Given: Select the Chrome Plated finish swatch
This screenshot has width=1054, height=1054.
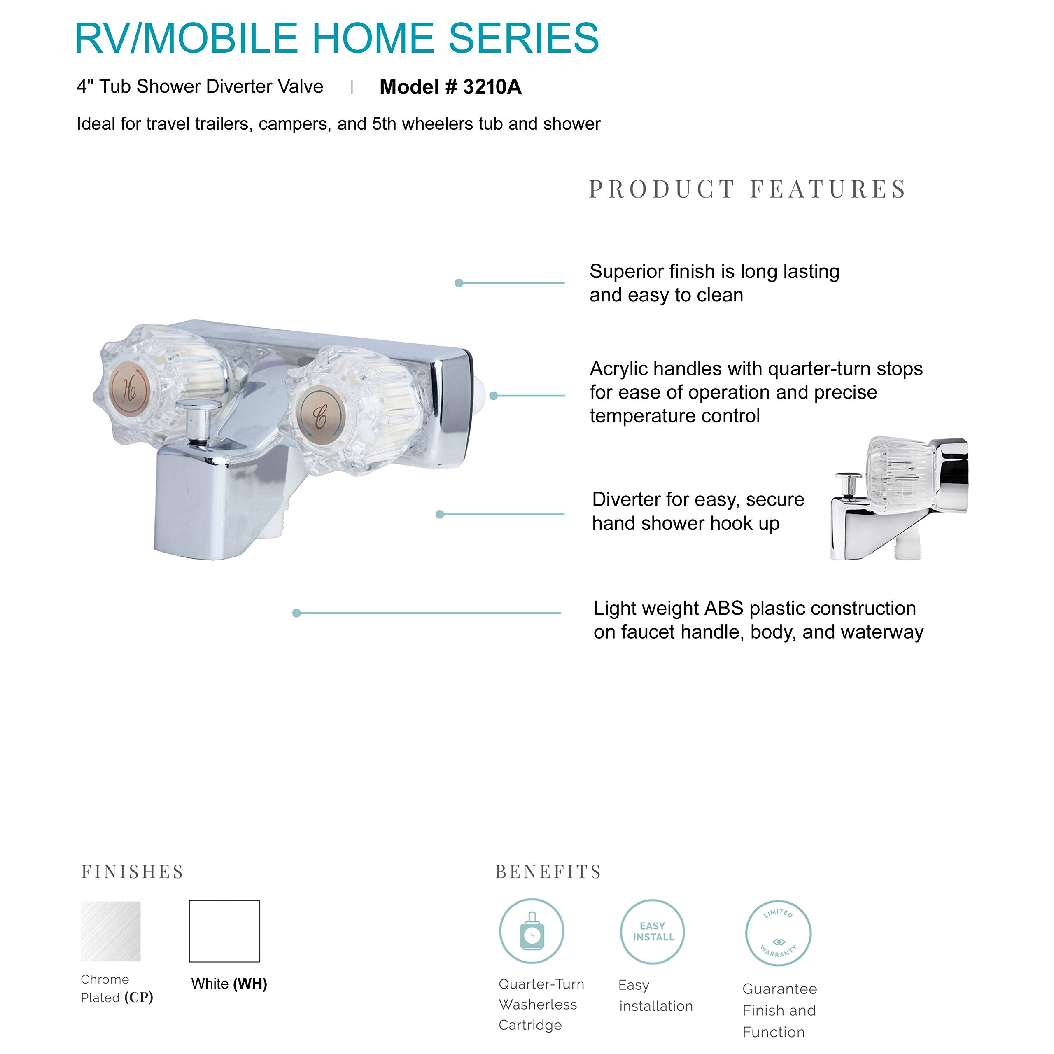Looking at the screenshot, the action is click(x=111, y=931).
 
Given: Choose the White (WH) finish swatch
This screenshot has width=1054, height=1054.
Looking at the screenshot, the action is click(x=224, y=931).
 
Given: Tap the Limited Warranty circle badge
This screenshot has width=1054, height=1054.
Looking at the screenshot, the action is click(x=779, y=933).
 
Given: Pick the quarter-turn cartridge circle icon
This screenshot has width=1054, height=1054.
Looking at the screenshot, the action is click(x=532, y=931).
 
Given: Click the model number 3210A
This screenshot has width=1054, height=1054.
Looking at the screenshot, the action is click(x=492, y=87).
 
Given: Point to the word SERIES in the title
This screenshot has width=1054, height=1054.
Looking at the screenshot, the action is click(x=524, y=38).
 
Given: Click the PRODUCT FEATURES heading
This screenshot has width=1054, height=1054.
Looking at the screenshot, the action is click(x=747, y=189).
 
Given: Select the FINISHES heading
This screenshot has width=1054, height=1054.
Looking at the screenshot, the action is click(x=133, y=871).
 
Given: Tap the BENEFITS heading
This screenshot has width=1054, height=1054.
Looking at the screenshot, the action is click(x=548, y=871).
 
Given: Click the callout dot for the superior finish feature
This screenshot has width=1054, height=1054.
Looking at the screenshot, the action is click(x=459, y=282).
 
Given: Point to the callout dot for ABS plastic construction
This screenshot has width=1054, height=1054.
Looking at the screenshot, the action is click(x=297, y=613).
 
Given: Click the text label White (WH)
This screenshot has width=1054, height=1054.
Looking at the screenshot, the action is click(x=229, y=984).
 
